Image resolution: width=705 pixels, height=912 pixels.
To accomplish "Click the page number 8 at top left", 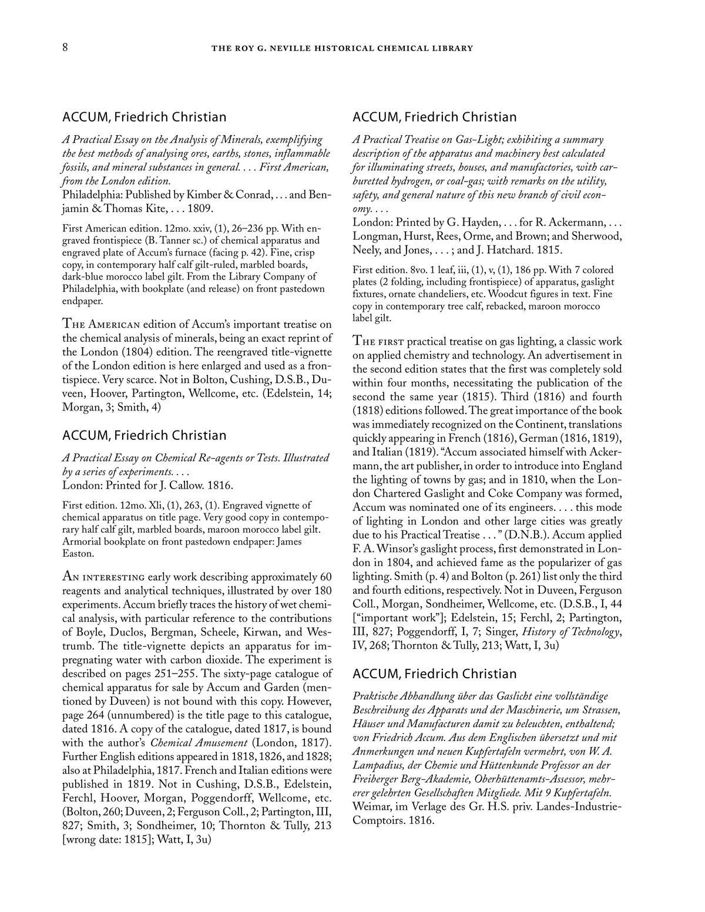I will tap(66, 48).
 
